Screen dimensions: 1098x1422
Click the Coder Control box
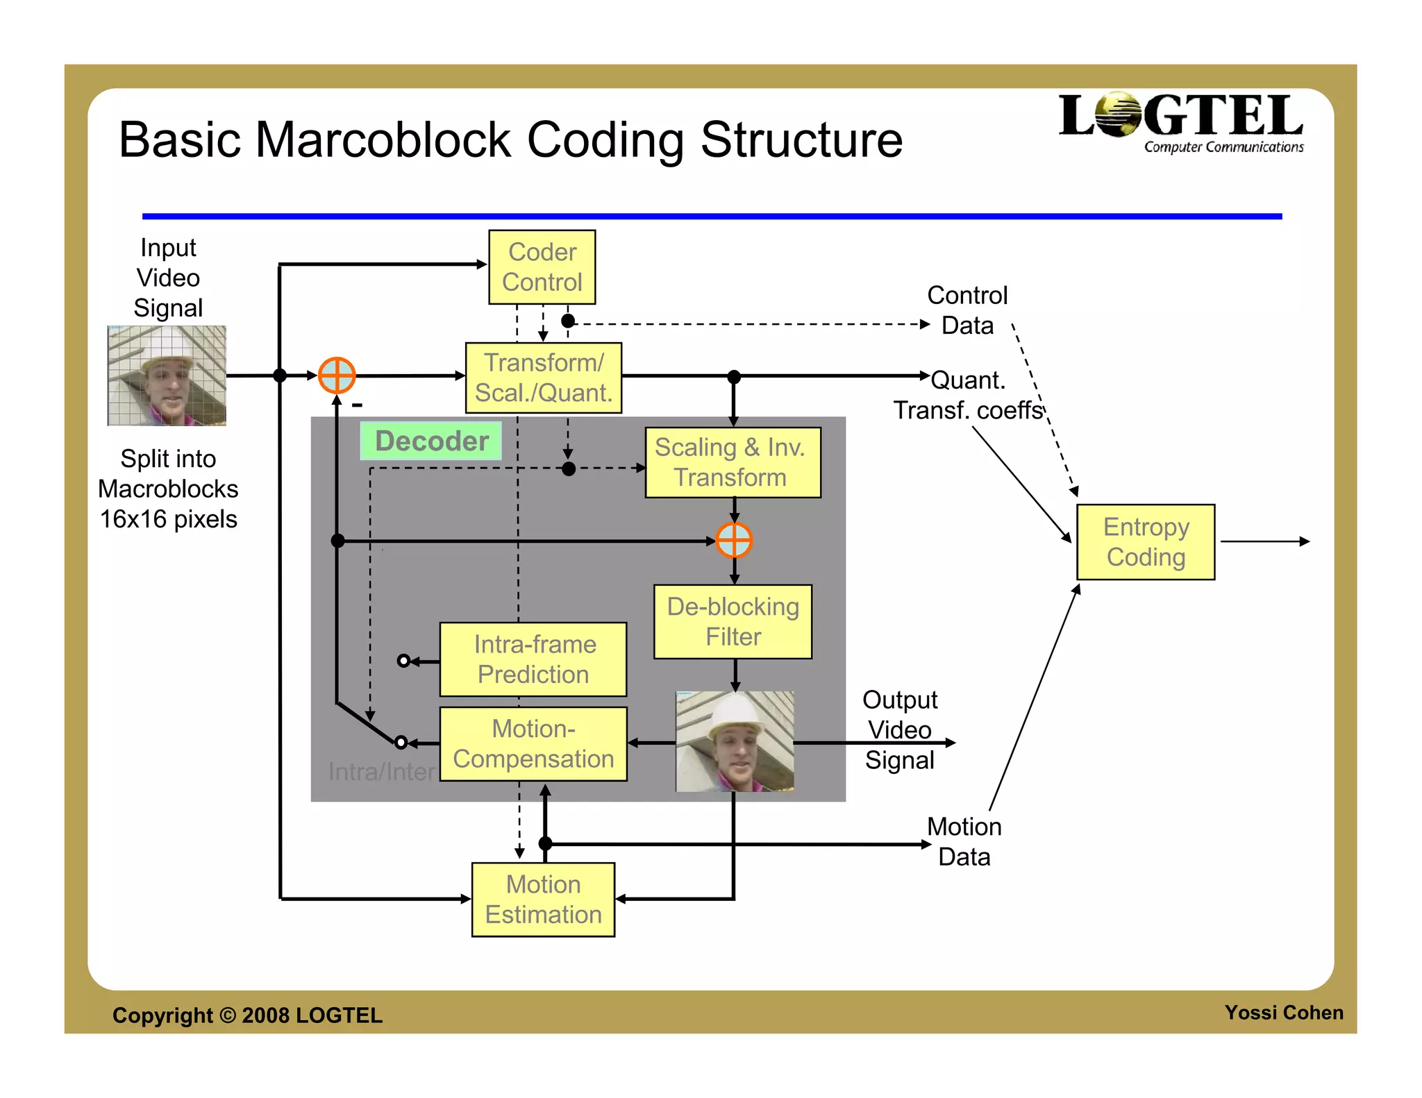pos(542,267)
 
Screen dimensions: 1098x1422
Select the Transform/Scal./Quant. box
pos(543,378)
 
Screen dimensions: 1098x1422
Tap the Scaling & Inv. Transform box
pos(732,462)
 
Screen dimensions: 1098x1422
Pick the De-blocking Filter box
pos(733,621)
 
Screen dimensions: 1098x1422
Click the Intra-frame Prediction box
pos(533,659)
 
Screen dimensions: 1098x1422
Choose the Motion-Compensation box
pos(533,744)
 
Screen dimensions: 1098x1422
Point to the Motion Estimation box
pos(543,899)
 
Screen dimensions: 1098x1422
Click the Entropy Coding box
pos(1145,542)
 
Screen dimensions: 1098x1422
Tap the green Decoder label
pos(430,441)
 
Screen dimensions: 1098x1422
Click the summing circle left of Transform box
pos(337,375)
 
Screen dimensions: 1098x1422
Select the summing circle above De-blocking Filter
pos(734,540)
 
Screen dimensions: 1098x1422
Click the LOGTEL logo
pos(1180,122)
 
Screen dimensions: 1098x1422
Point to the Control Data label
pos(967,310)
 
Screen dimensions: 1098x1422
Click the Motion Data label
pos(964,841)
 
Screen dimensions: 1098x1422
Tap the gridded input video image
pos(167,375)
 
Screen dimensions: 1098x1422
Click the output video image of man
pos(735,741)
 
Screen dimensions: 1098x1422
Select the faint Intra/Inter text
pos(381,772)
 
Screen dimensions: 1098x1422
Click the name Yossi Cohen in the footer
pos(1283,1013)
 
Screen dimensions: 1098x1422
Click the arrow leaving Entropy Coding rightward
pos(1264,541)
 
